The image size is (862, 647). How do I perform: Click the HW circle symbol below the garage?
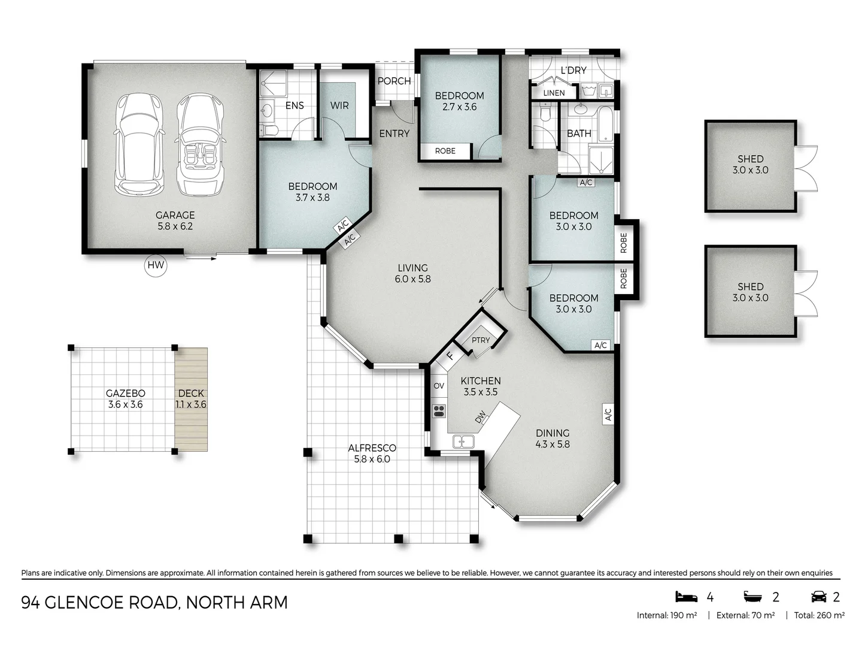click(156, 265)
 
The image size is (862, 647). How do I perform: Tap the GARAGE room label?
click(175, 215)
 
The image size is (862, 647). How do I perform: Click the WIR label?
click(339, 105)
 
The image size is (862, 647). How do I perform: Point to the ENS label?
click(295, 105)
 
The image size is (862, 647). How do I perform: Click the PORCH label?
click(394, 81)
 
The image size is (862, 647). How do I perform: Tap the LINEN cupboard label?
click(554, 93)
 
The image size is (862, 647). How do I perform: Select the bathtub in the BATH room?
click(605, 123)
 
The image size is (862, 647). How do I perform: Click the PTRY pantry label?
click(481, 340)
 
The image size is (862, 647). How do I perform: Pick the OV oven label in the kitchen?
click(439, 386)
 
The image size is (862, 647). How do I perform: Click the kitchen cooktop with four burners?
click(439, 412)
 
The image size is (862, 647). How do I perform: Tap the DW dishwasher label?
click(480, 417)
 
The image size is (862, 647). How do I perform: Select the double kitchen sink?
click(463, 442)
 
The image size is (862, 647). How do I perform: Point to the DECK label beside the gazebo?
click(191, 393)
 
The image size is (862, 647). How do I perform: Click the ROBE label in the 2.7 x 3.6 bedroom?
click(445, 151)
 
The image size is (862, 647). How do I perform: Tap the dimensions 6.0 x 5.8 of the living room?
click(412, 279)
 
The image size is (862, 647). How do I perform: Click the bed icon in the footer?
click(686, 597)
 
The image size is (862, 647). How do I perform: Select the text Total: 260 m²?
click(819, 616)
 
